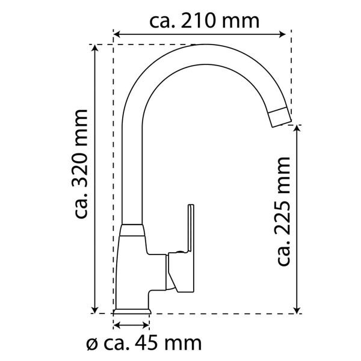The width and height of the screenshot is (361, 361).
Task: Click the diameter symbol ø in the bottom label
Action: [91, 345]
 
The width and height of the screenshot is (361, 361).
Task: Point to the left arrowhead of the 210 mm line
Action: [117, 34]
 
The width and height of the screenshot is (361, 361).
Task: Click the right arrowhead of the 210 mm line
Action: [288, 34]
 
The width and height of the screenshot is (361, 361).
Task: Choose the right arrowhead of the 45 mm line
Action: [148, 326]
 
